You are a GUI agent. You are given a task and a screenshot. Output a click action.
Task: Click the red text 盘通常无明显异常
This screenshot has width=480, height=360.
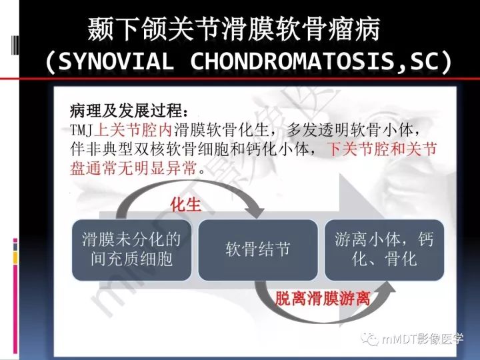tap(133, 168)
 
